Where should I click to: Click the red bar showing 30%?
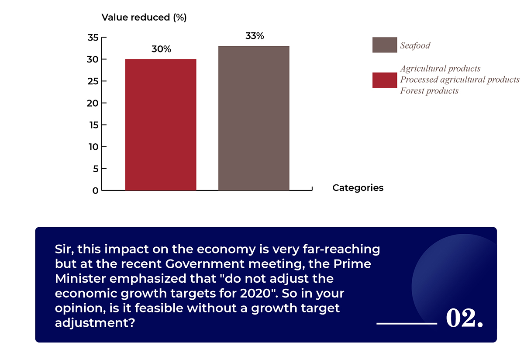pos(161,125)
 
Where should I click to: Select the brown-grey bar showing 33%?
pos(254,118)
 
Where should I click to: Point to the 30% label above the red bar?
pos(161,49)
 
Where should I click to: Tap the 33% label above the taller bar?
pos(255,36)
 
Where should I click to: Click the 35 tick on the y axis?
pos(93,38)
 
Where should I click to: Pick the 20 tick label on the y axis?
pos(93,103)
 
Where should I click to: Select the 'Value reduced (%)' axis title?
pos(144,18)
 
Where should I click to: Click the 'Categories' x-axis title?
pos(358,188)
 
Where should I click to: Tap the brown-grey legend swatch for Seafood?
pos(384,45)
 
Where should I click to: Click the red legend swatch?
pos(384,80)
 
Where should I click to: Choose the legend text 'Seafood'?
pos(415,45)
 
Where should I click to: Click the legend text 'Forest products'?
pos(429,91)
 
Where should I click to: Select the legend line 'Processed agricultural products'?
pos(460,80)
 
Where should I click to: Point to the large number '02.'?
pos(465,319)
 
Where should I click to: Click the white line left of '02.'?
pos(407,324)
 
